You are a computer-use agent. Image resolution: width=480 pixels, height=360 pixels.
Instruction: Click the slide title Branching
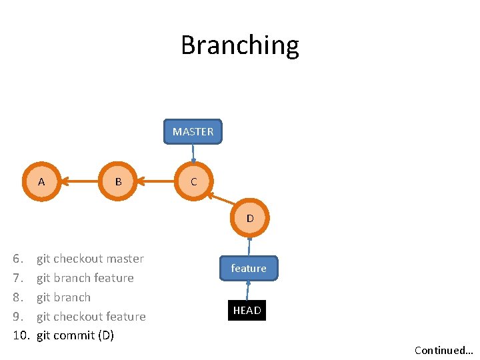[x=240, y=45]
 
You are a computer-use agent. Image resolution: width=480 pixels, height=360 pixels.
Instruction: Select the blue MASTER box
[x=193, y=131]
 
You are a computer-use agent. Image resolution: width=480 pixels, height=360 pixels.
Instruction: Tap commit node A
[x=41, y=181]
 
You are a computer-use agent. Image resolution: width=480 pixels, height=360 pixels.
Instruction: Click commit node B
[x=118, y=181]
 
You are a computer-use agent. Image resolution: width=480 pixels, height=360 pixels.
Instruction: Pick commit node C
[x=193, y=181]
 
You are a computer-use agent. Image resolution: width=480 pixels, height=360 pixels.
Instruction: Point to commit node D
[x=250, y=218]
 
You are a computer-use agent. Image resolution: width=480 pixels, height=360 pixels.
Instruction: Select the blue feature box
[x=249, y=268]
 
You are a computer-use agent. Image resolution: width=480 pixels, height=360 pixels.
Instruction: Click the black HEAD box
[x=247, y=310]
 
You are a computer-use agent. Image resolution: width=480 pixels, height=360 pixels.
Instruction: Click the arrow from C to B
[x=156, y=181]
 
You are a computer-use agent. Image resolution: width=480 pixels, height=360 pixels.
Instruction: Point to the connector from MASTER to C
[x=193, y=153]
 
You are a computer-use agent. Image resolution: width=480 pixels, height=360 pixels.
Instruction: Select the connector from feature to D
[x=249, y=246]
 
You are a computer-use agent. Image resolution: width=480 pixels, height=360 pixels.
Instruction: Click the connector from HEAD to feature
[x=247, y=290]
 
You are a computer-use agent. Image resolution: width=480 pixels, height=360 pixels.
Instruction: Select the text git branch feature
[x=85, y=278]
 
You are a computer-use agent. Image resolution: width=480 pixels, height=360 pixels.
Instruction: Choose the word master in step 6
[x=124, y=259]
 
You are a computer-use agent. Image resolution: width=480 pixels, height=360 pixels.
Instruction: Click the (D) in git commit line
[x=105, y=335]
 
